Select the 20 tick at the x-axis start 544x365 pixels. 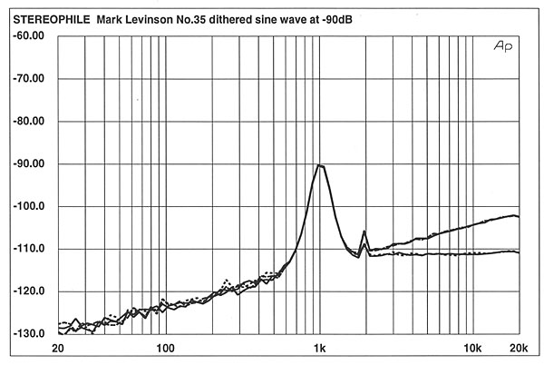[58, 348]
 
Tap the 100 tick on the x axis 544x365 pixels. [164, 348]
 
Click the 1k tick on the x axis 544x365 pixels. [319, 348]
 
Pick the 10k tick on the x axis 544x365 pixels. [471, 348]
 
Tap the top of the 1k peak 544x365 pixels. [319, 165]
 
